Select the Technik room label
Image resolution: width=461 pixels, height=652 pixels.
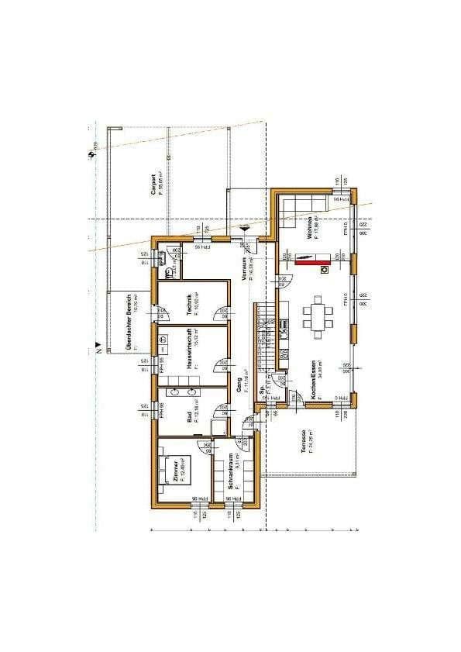(189, 303)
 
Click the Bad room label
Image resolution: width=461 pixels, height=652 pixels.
(189, 416)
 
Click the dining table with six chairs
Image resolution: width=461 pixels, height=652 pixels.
(318, 316)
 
